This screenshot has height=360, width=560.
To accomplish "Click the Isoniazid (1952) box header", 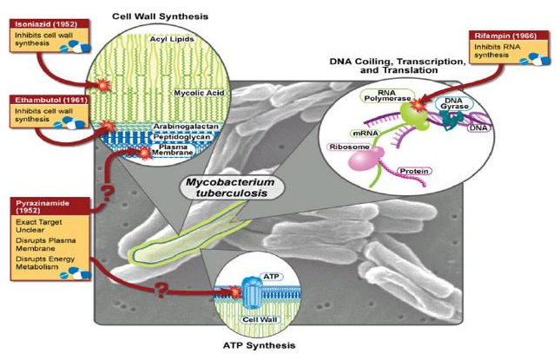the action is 49,24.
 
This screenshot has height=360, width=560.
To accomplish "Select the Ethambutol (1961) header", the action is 49,100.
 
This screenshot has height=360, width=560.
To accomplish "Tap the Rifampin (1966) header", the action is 508,36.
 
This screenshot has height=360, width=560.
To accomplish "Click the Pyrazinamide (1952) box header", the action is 49,206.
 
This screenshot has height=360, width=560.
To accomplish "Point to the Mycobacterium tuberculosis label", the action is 231,187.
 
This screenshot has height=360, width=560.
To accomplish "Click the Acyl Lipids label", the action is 172,39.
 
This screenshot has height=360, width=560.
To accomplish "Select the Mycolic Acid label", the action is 200,93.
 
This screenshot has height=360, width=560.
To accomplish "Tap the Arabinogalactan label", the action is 186,127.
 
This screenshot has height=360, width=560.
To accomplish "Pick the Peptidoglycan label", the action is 181,137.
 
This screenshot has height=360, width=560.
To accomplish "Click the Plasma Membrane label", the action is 173,150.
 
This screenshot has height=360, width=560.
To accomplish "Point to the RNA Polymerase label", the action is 387,95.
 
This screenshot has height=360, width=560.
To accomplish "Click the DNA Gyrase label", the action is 454,103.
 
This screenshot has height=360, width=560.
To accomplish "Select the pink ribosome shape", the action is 366,157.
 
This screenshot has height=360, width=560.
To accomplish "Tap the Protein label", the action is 414,171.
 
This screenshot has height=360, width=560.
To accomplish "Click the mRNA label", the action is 366,134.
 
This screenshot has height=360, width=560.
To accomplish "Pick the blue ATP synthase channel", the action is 253,292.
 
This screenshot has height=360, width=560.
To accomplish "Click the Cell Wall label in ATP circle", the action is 260,320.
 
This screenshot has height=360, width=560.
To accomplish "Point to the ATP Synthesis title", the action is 260,345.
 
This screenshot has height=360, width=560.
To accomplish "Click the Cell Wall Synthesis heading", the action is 160,16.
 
